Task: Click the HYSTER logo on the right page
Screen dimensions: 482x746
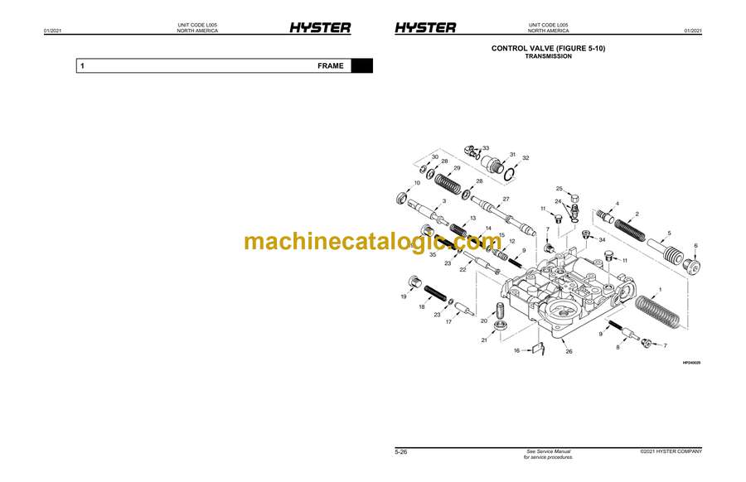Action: tap(424, 27)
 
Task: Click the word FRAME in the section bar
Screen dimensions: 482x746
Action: tap(330, 65)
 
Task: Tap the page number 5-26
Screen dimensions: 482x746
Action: tap(400, 451)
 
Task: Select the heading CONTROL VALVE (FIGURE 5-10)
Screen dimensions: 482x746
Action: tap(548, 49)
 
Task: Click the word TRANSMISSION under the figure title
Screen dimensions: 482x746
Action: tap(548, 56)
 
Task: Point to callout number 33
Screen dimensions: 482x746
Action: tap(486, 148)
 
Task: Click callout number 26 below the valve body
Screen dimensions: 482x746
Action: tap(569, 351)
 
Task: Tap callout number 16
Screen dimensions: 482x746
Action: tap(516, 351)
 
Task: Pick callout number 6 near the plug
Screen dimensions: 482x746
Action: tap(695, 246)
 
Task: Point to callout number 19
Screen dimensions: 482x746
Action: tap(404, 296)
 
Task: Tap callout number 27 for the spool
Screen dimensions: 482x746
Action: tap(506, 199)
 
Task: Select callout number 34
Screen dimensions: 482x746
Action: tap(603, 240)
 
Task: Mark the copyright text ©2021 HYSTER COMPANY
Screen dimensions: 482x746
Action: tap(671, 451)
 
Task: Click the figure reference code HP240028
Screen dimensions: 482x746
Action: tap(691, 363)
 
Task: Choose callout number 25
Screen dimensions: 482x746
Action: tap(559, 189)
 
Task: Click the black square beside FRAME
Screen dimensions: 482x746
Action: tap(361, 65)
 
